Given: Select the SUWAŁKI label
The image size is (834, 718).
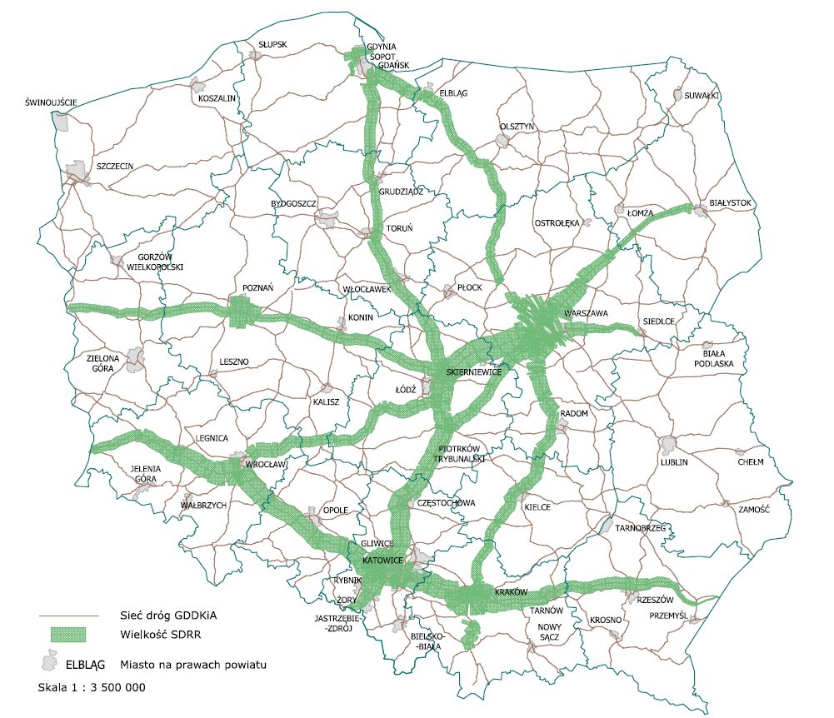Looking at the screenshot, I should [702, 96].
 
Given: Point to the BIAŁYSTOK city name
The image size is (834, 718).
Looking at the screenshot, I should [731, 202].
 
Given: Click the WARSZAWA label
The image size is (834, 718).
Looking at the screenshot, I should [587, 312].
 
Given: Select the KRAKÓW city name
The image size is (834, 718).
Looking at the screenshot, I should [512, 591].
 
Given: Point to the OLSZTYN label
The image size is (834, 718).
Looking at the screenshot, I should [516, 126].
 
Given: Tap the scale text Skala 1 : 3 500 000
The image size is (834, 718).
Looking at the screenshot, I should [92, 688].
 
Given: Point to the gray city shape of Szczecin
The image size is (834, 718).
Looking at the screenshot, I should [80, 173].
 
